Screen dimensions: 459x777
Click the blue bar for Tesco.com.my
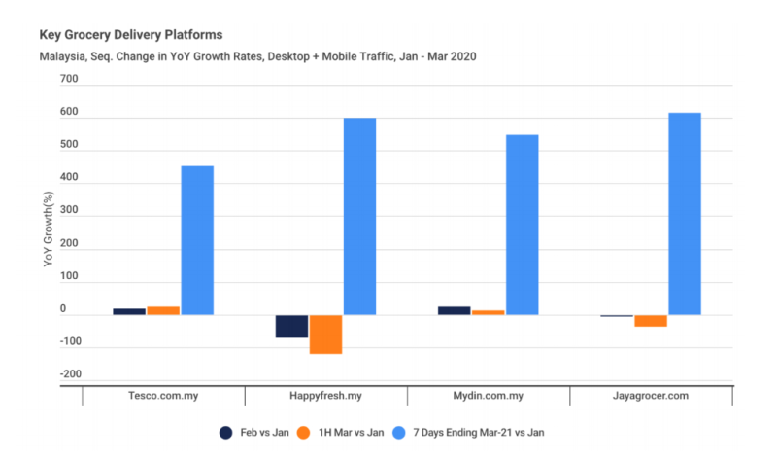coord(197,240)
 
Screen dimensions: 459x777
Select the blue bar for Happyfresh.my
coord(359,216)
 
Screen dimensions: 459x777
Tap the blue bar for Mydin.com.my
coord(522,225)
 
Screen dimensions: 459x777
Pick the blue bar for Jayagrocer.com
coord(685,214)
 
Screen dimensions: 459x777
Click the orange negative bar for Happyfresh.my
coord(325,334)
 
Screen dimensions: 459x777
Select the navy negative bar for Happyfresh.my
coord(291,326)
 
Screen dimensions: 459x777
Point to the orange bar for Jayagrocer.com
coord(651,321)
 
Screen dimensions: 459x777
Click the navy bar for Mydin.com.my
coord(455,310)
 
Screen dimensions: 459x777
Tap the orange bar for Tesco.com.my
coord(163,310)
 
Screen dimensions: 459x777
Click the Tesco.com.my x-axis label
coord(163,397)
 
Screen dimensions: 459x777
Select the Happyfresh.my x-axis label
coord(326,397)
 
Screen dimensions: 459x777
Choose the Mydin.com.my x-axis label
coord(489,397)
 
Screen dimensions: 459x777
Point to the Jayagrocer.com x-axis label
coord(652,397)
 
